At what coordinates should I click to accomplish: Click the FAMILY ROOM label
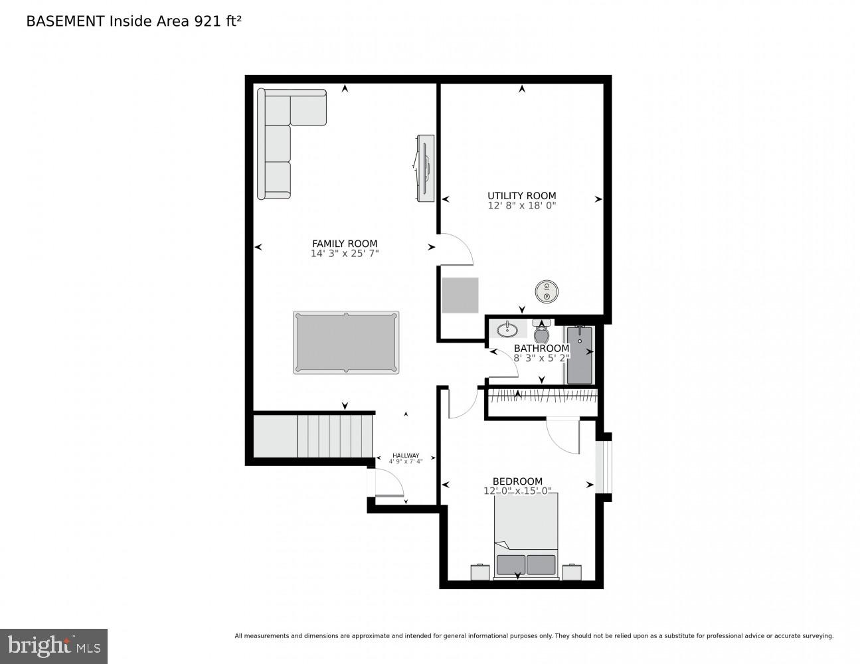(x=345, y=244)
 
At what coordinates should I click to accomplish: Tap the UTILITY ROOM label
(x=521, y=196)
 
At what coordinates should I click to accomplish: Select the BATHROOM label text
(x=541, y=349)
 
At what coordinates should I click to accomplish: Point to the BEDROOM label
(x=517, y=481)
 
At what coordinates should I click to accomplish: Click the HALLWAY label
(x=406, y=456)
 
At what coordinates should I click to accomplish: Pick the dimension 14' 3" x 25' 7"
(x=345, y=254)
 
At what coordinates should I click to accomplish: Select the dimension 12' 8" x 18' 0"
(x=521, y=206)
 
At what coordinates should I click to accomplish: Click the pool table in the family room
(x=346, y=342)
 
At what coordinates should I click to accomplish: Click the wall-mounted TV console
(x=424, y=168)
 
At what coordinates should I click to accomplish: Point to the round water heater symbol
(x=547, y=290)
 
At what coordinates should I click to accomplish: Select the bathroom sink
(x=508, y=329)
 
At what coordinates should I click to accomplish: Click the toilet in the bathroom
(x=541, y=331)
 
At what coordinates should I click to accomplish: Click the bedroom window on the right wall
(x=603, y=467)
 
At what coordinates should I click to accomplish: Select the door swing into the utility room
(x=455, y=250)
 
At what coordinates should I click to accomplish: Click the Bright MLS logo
(x=53, y=646)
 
